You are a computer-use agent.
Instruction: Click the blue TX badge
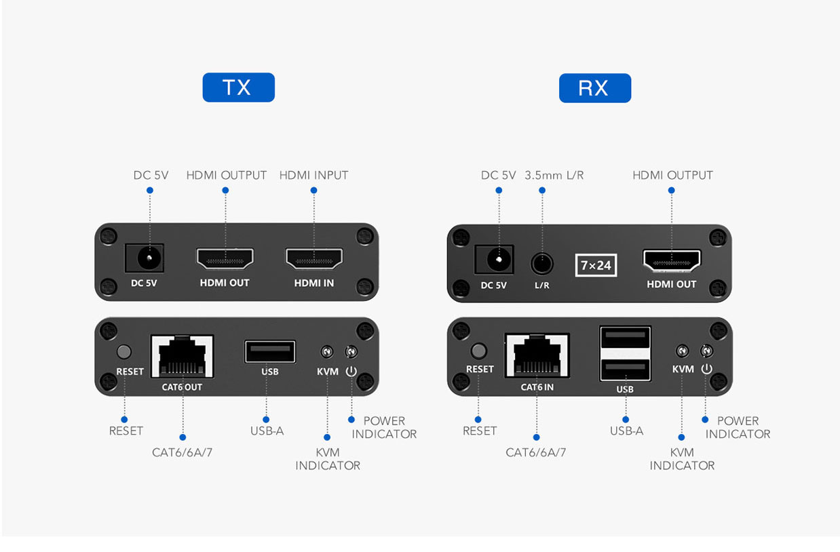tap(239, 87)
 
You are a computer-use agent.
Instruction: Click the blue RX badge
tap(595, 88)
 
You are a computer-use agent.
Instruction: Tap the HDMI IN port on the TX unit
tap(314, 258)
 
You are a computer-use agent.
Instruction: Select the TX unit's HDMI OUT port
tap(225, 258)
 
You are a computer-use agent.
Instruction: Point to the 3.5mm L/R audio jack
tap(542, 263)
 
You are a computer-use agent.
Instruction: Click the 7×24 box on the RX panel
tap(596, 265)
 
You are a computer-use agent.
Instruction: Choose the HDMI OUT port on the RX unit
tap(672, 261)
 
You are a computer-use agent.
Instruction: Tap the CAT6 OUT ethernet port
tap(183, 357)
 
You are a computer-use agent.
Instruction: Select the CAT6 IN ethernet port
tap(537, 355)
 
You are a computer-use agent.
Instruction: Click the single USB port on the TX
tap(270, 351)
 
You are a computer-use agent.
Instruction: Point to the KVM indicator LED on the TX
tap(327, 351)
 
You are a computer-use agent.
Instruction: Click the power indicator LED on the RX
tap(706, 351)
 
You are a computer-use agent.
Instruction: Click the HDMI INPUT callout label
tap(314, 175)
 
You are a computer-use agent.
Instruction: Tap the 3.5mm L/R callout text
tap(554, 175)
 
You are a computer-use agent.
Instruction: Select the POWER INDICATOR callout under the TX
tap(384, 427)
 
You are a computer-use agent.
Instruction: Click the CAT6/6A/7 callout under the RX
tap(536, 452)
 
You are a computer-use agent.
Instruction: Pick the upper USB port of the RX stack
tap(625, 337)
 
